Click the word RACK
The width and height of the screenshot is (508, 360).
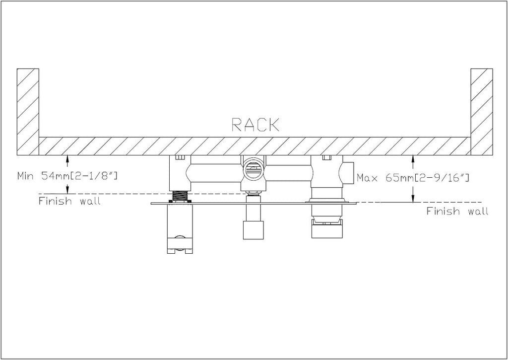255,125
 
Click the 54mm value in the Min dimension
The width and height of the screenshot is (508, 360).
57,176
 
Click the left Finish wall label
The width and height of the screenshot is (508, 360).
69,201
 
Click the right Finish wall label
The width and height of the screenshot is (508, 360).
457,211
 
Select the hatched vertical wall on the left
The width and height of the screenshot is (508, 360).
28,112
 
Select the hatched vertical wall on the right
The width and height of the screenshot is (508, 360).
482,112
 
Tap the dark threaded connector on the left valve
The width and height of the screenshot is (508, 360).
181,196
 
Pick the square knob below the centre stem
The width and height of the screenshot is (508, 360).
254,230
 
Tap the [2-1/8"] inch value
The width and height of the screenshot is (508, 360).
94,176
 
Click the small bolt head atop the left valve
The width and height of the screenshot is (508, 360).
180,157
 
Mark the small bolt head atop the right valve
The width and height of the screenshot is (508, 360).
326,157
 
